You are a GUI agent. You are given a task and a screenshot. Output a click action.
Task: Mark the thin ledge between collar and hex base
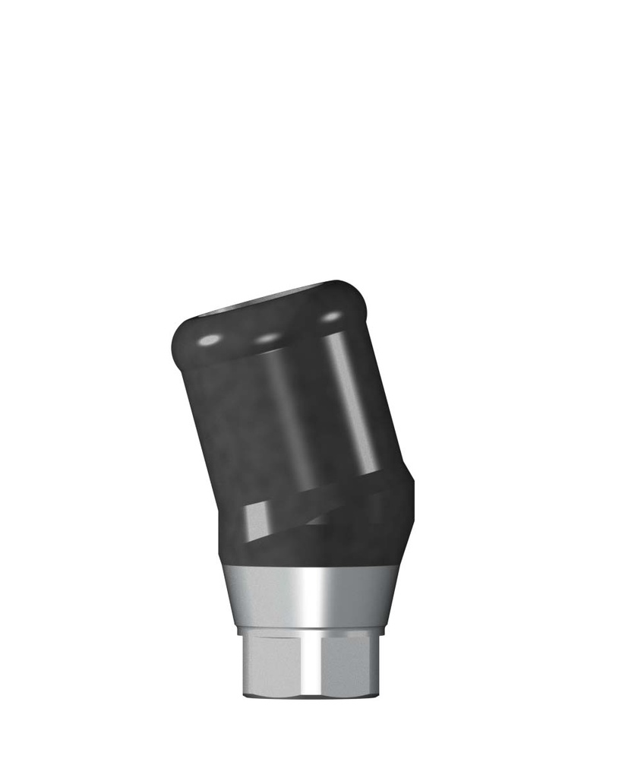coord(311,631)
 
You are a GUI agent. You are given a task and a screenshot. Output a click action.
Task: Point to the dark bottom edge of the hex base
coord(311,694)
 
